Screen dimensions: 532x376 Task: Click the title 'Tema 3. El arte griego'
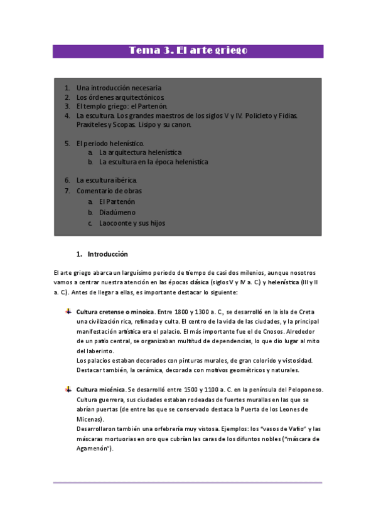pos(188,51)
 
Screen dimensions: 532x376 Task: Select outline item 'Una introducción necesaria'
pos(119,88)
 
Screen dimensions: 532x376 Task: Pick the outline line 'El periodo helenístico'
pos(110,143)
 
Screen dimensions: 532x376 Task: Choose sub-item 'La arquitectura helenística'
pos(140,152)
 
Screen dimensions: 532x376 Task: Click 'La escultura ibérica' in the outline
pos(107,180)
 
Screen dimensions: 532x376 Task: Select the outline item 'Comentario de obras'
pos(109,191)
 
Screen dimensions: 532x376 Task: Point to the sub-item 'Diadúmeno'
pos(117,212)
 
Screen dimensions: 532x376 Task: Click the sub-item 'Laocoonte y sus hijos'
pos(132,223)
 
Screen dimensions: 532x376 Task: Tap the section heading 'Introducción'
pos(107,254)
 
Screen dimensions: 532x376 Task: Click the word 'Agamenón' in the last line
pos(91,449)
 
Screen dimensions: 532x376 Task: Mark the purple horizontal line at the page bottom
pos(188,482)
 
